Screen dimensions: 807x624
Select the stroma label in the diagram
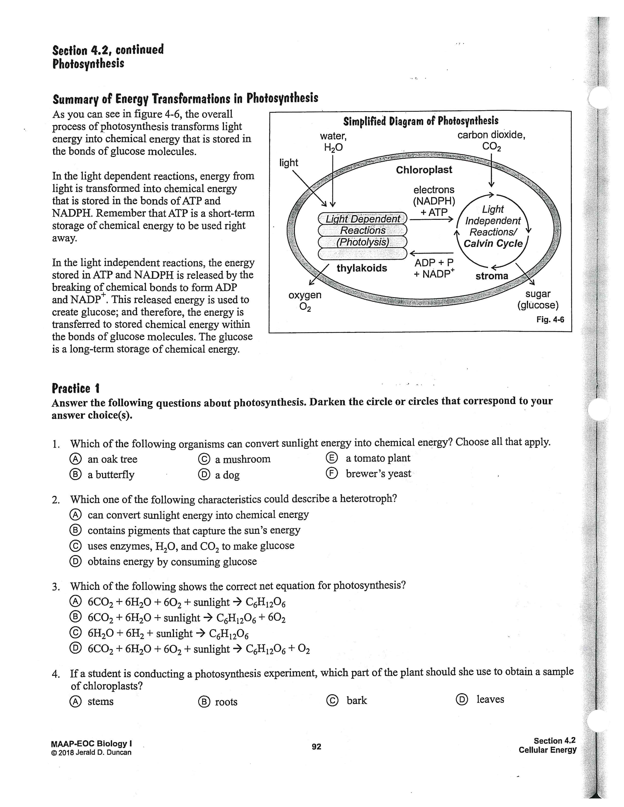tap(492, 276)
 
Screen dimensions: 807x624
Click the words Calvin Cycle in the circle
tap(493, 244)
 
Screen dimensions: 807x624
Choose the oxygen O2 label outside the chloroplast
tap(305, 300)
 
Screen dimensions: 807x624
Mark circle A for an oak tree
tap(75, 459)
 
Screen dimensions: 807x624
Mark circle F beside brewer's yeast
tap(332, 473)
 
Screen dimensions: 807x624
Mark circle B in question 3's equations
tap(75, 617)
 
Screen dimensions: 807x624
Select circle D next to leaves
tap(462, 699)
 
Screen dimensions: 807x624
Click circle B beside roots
tap(204, 701)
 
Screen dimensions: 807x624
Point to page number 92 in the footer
tap(316, 746)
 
